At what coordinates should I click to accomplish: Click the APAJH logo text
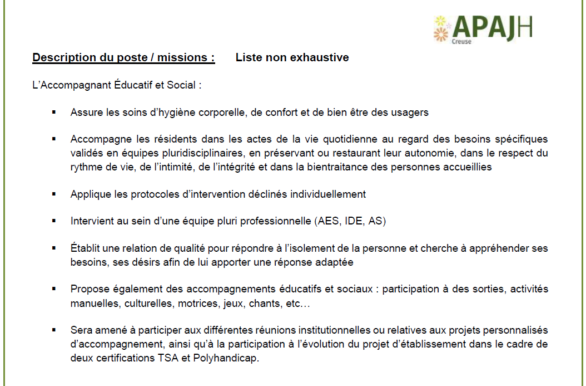tap(493, 28)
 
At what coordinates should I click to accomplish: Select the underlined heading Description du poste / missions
tap(123, 57)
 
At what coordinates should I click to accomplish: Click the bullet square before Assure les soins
tap(54, 112)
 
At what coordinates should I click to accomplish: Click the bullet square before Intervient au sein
tap(54, 221)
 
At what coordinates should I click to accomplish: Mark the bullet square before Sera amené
tap(54, 330)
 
